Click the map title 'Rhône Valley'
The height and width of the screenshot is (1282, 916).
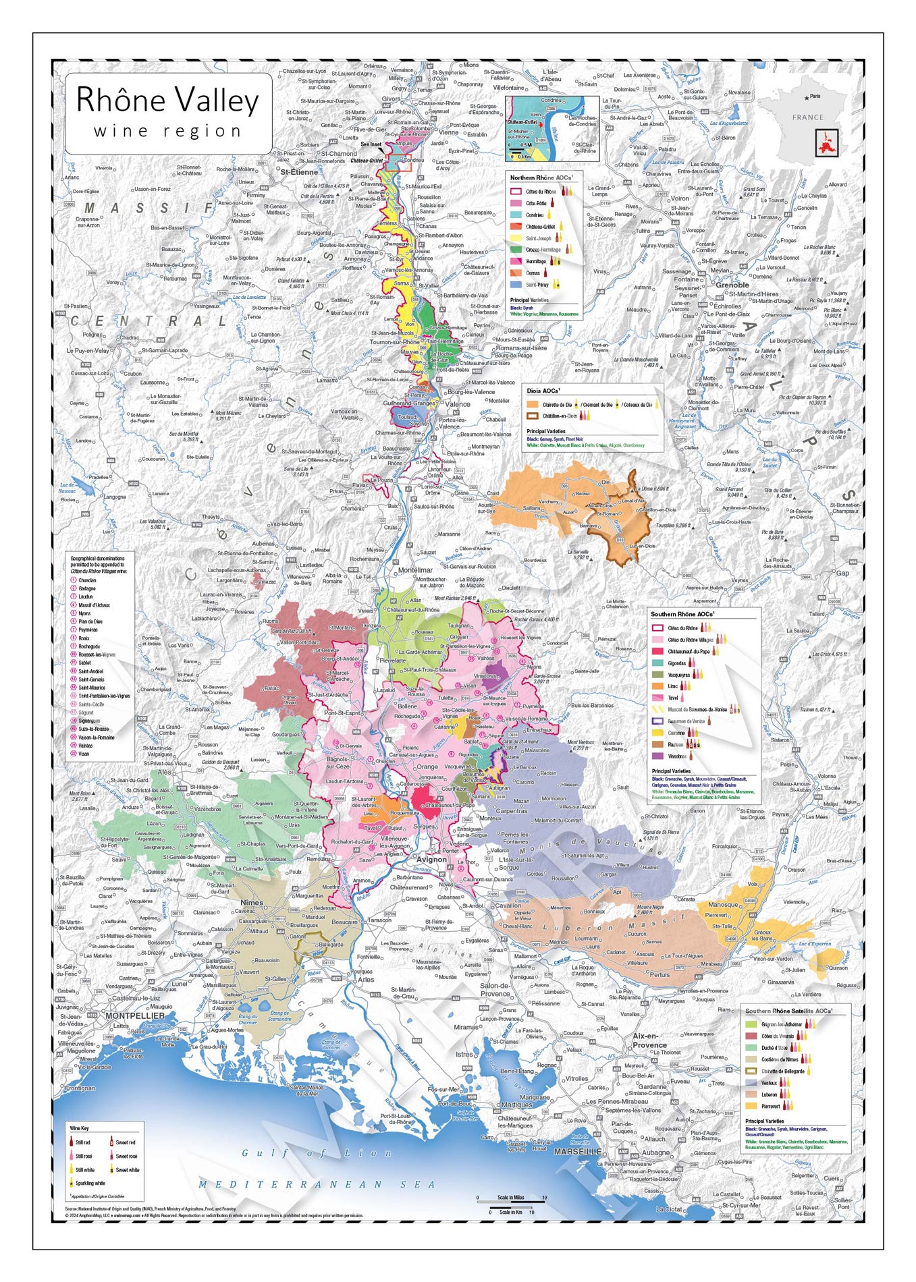point(167,101)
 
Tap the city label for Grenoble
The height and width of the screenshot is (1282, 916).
point(732,285)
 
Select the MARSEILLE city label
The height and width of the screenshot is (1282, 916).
point(578,1152)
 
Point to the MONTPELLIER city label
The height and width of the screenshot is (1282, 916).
point(135,1015)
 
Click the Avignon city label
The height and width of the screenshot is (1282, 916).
point(431,860)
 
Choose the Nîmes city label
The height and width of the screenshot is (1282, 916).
point(252,902)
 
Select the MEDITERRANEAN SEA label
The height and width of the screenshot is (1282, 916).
point(317,1184)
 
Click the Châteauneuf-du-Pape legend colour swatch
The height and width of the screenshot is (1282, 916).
point(657,652)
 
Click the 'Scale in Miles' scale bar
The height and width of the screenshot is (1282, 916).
point(511,1198)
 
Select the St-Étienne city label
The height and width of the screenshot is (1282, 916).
point(299,172)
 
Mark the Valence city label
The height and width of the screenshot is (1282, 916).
point(458,404)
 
